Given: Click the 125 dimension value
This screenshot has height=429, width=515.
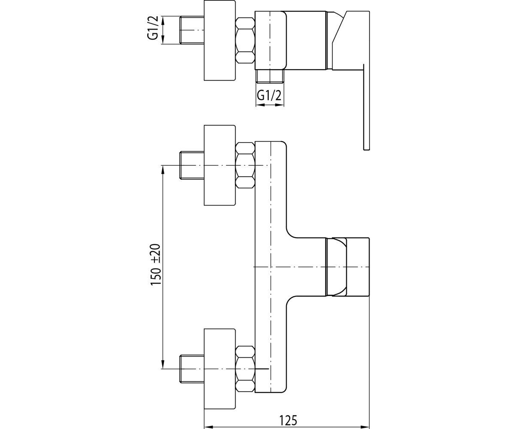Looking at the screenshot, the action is [x=288, y=413].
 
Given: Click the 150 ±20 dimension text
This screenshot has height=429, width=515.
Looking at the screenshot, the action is [x=156, y=265].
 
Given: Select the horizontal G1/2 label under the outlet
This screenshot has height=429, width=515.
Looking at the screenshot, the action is [x=269, y=95].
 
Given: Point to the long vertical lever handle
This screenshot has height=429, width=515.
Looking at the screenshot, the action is [x=367, y=107].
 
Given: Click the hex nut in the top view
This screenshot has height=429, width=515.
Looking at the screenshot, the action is [x=245, y=40].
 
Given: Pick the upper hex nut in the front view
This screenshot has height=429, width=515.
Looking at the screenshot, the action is [x=245, y=166].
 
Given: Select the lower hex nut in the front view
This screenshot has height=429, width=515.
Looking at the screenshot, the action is [x=245, y=369].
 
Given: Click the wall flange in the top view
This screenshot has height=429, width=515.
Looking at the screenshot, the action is [x=220, y=40].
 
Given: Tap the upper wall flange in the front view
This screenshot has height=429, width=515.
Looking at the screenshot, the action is [x=220, y=165].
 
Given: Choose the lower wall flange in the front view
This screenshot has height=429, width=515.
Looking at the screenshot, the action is [x=220, y=369].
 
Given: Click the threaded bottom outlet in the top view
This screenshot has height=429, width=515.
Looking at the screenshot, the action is [x=270, y=76].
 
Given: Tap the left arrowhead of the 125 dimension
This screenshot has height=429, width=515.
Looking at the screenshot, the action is [x=209, y=426].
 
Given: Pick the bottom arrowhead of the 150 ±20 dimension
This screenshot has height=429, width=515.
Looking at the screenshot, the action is [x=163, y=364].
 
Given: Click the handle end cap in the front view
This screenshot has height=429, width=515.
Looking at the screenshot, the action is [x=358, y=267].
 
